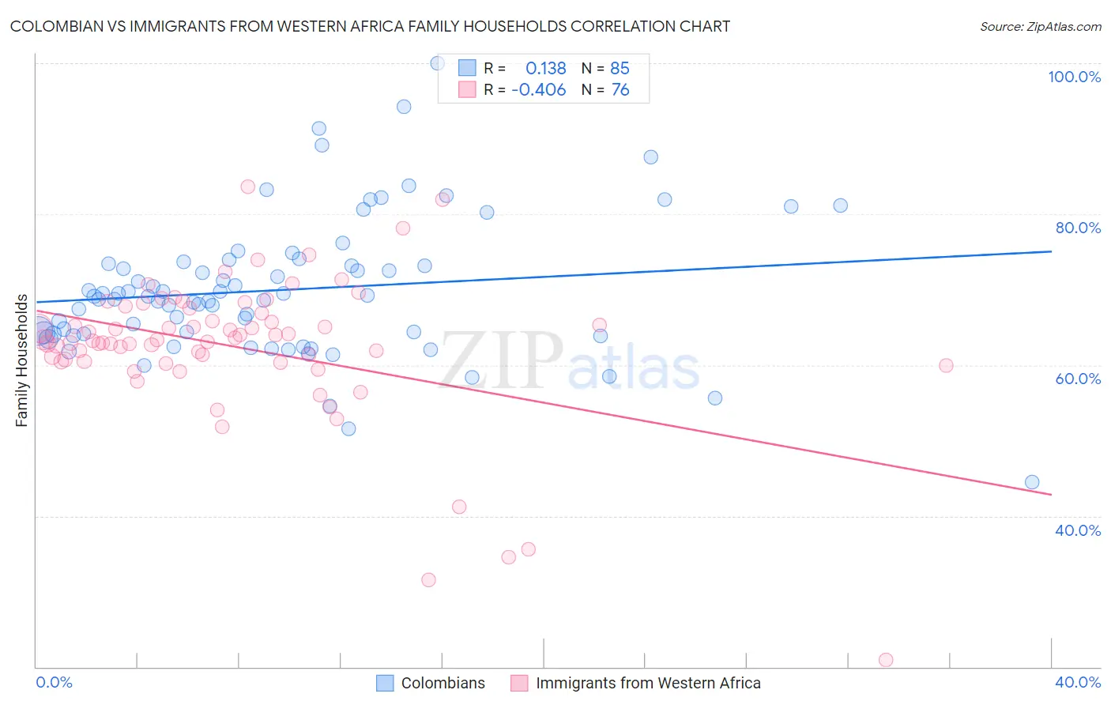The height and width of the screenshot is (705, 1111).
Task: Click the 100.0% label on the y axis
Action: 1074,77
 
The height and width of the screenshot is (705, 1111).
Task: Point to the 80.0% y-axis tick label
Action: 1078,228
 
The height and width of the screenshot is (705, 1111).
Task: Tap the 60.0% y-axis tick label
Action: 1078,379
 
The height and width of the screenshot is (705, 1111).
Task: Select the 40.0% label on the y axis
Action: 1078,530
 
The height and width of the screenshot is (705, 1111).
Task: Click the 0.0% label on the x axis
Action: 54,682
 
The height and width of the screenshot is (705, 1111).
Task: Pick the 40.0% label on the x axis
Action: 1078,682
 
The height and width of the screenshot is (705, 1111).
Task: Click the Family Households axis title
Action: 22,360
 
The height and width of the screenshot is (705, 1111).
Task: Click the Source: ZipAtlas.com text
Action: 1040,26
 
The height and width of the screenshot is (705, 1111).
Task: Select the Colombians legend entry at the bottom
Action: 443,683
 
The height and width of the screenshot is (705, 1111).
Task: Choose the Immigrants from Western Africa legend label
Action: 648,683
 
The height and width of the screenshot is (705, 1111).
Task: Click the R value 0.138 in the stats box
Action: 545,69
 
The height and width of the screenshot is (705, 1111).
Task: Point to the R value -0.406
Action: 539,90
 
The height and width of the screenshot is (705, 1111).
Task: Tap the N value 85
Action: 620,69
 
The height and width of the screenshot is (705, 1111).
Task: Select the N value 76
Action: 620,90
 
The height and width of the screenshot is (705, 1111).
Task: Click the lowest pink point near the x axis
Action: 886,660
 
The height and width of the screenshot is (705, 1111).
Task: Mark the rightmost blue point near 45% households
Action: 1032,482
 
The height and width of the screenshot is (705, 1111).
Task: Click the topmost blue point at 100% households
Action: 437,63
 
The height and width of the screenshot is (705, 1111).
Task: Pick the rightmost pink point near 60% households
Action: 946,365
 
